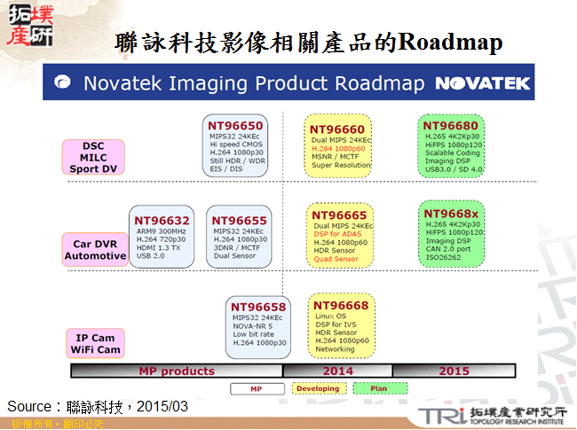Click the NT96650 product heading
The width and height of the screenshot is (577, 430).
(235, 126)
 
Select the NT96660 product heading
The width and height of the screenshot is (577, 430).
(337, 129)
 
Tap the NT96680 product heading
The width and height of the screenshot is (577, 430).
(450, 126)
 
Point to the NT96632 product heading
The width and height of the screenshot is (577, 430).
(162, 221)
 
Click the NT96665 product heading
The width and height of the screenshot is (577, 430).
(339, 215)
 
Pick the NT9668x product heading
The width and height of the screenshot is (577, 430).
(451, 214)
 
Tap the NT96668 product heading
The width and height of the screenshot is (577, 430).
(340, 305)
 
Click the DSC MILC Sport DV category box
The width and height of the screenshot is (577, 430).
(93, 157)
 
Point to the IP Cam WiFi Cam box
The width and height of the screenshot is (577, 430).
(94, 343)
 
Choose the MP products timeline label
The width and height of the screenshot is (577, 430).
(176, 371)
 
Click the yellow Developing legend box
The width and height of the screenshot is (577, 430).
(318, 389)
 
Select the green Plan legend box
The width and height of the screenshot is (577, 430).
(379, 389)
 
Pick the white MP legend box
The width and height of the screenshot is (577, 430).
(256, 389)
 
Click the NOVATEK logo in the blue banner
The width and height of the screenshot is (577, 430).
(482, 83)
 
